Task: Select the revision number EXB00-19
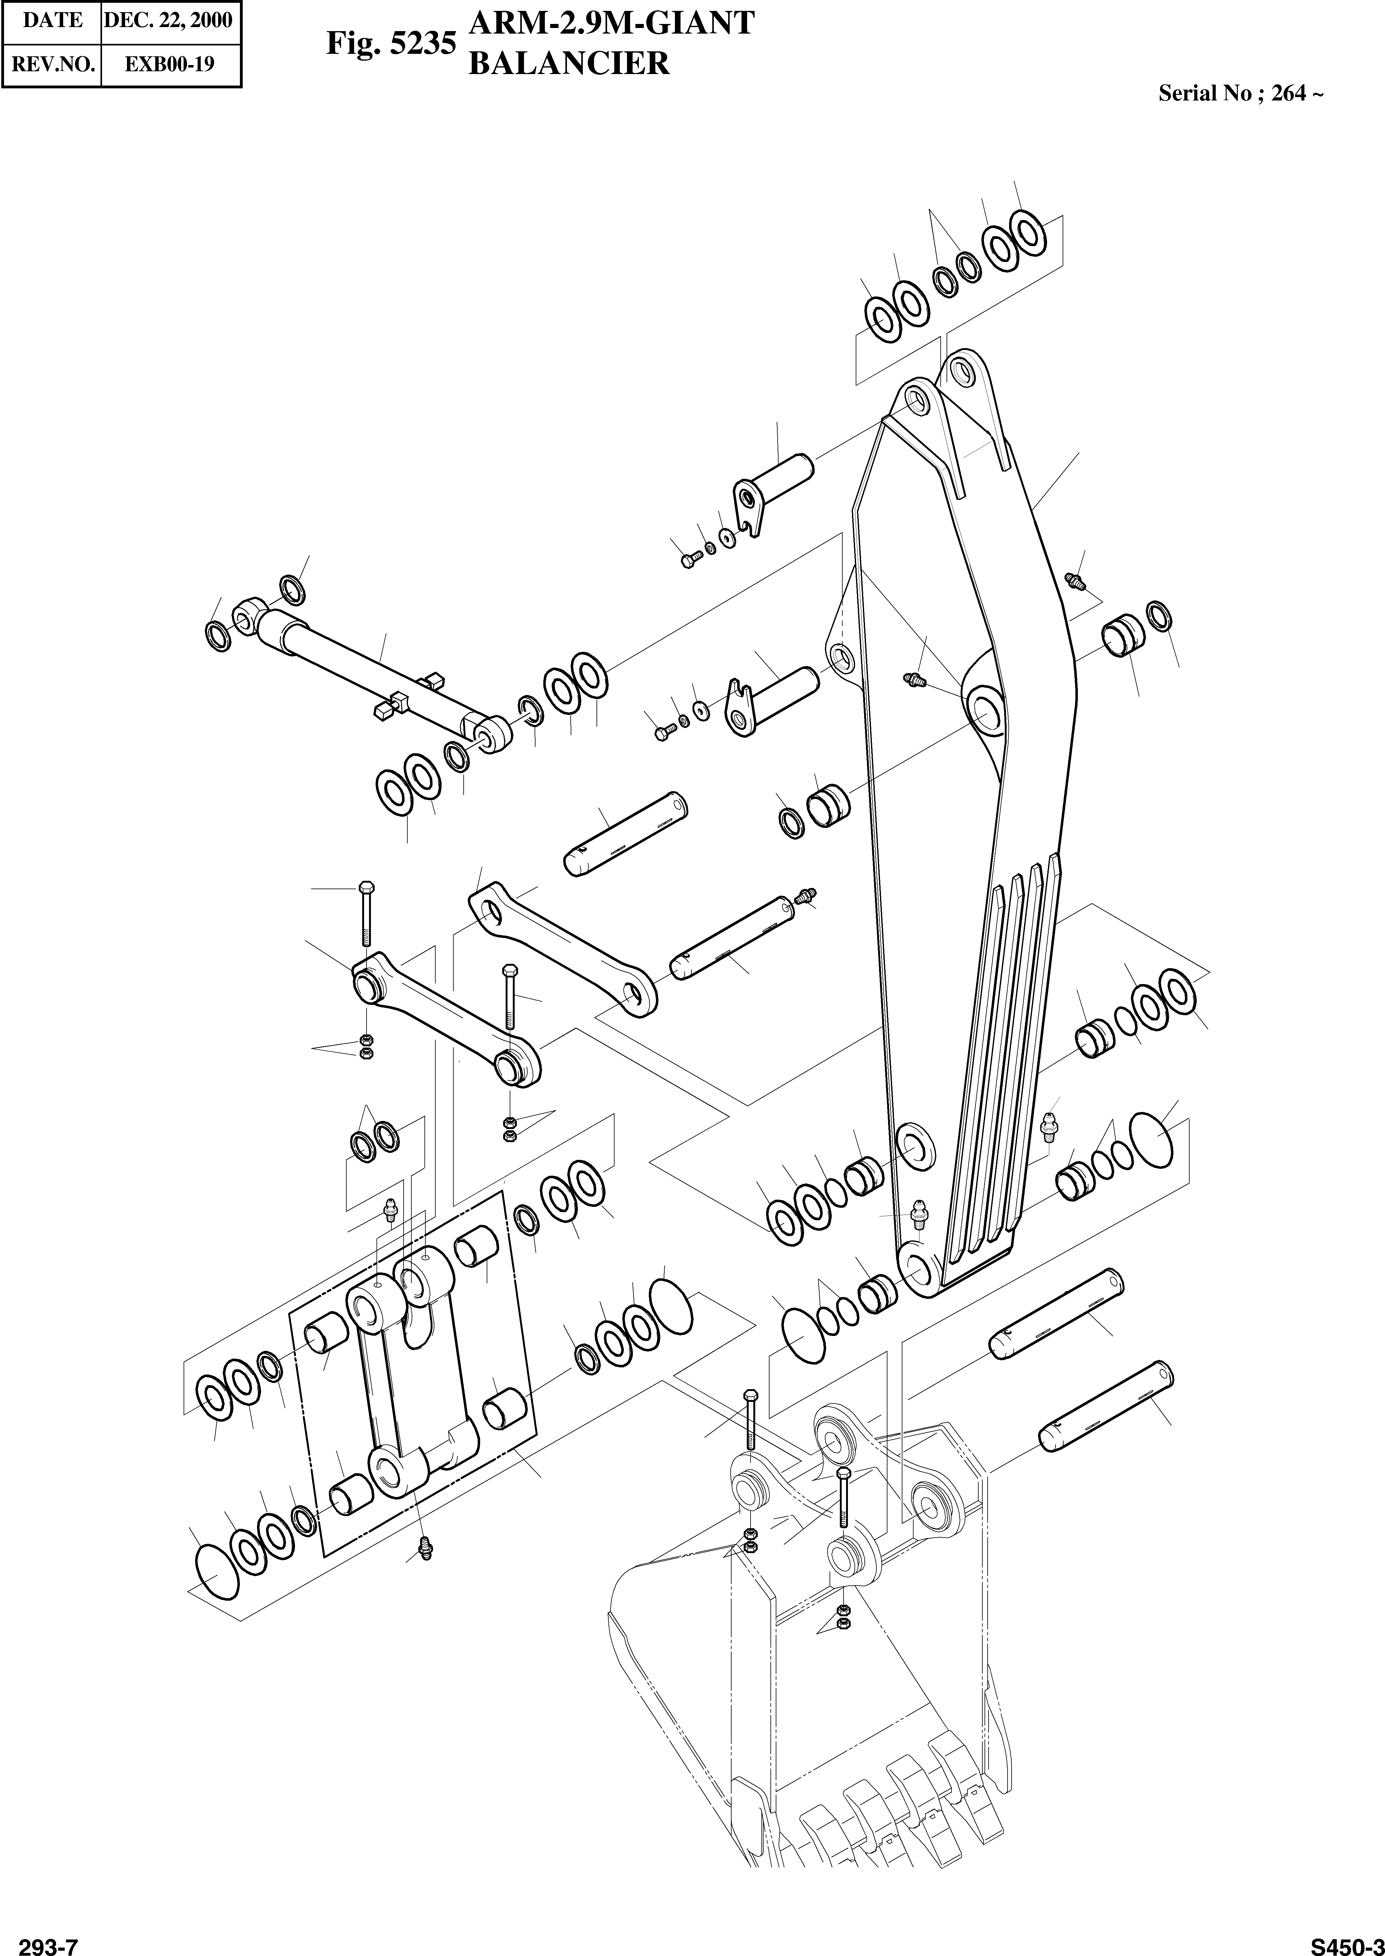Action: point(169,64)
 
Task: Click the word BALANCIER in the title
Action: point(569,64)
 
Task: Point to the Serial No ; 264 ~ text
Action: point(1240,94)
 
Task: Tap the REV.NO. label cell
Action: point(52,64)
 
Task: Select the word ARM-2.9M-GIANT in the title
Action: point(611,23)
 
